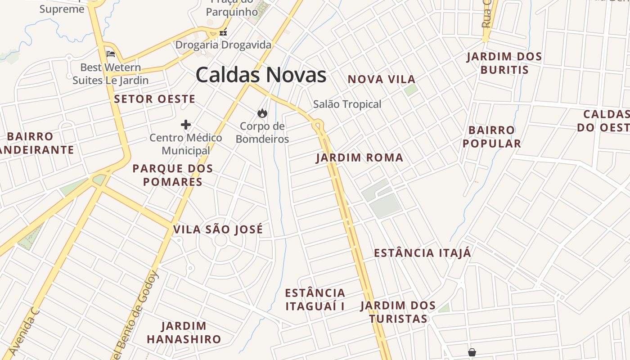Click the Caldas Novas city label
click(x=261, y=75)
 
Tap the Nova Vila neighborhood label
click(x=382, y=80)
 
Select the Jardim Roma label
click(x=360, y=158)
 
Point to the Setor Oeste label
click(x=155, y=99)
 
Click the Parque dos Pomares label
click(x=172, y=175)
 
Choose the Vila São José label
click(x=218, y=229)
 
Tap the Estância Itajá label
click(x=423, y=253)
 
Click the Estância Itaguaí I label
click(x=315, y=300)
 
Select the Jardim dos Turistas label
click(x=398, y=312)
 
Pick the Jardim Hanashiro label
click(x=184, y=333)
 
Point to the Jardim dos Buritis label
click(x=504, y=63)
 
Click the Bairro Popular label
click(x=491, y=137)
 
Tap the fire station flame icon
click(x=262, y=113)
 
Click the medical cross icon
click(x=186, y=125)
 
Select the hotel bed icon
click(x=111, y=54)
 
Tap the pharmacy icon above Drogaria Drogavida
click(x=223, y=32)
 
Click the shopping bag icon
click(x=472, y=352)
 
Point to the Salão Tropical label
click(x=347, y=104)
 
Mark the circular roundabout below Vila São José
click(x=220, y=240)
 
